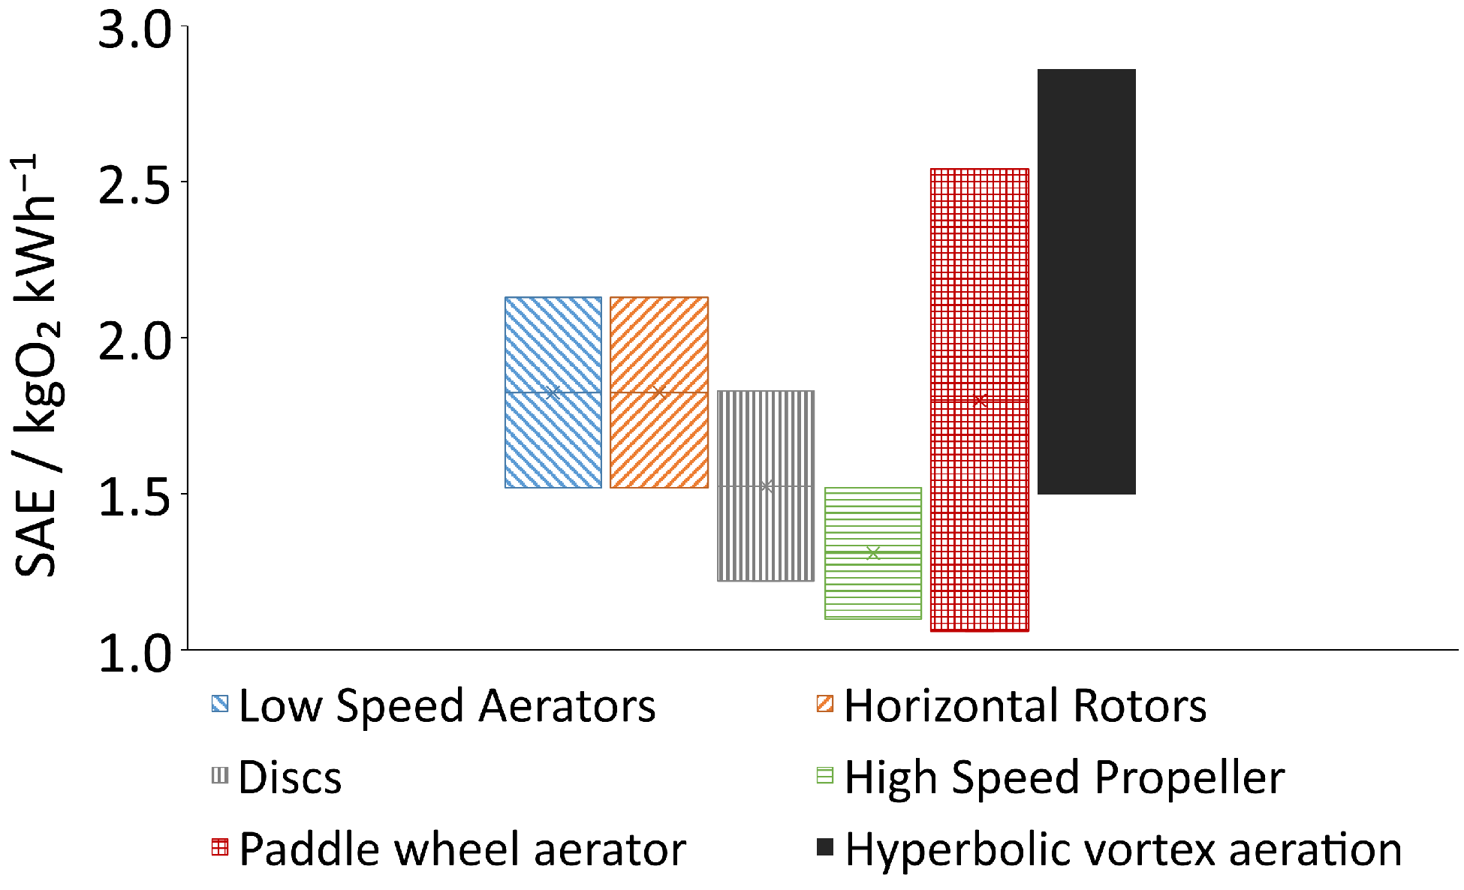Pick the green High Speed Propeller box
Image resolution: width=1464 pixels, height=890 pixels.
tap(873, 585)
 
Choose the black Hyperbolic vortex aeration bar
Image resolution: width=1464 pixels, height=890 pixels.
tap(1086, 281)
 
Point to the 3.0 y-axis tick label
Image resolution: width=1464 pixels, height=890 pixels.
tap(135, 32)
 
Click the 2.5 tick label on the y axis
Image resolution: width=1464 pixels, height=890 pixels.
tap(135, 186)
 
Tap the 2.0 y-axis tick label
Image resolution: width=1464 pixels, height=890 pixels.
tap(135, 341)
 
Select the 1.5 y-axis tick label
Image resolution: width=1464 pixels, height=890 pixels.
tap(135, 497)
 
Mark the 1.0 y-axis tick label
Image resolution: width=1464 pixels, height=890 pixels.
tap(135, 653)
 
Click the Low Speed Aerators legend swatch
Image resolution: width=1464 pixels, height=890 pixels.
tap(220, 704)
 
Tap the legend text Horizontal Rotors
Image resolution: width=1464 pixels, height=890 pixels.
tap(1025, 705)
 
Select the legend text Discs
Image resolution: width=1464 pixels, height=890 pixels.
tap(290, 777)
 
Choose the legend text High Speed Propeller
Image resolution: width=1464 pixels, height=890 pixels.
tap(1064, 777)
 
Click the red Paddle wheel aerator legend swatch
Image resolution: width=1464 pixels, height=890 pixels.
tap(220, 848)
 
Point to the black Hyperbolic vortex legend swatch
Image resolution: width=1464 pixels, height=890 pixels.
tap(825, 848)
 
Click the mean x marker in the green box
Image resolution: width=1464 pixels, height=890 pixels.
tap(873, 553)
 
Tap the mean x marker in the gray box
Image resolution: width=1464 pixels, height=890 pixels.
tap(767, 486)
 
